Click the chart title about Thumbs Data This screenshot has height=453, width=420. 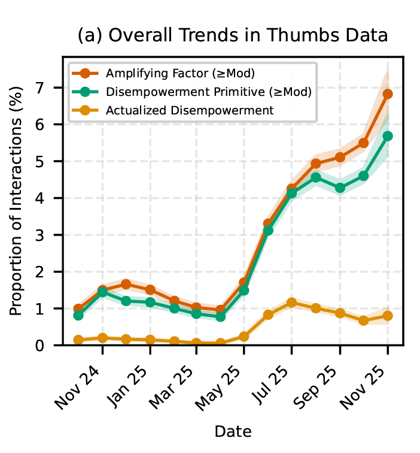[233, 36]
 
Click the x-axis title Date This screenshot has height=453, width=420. [233, 431]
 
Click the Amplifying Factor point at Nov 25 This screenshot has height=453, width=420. [388, 94]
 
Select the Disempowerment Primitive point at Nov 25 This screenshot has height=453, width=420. [388, 136]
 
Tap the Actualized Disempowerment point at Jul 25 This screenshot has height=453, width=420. [292, 303]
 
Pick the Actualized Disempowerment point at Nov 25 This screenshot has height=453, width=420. [388, 316]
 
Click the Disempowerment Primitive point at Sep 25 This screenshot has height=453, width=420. [340, 188]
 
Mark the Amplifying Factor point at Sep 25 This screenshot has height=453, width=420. [340, 158]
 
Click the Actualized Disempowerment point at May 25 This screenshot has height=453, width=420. [244, 337]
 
